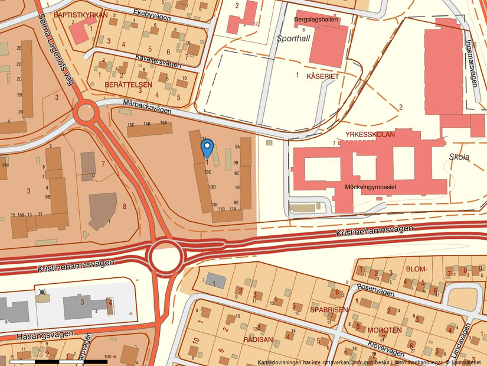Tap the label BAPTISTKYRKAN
click(80, 15)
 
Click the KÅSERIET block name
click(323, 77)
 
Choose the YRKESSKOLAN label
click(370, 134)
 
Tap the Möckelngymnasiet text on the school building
click(370, 187)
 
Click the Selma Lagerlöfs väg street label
click(57, 50)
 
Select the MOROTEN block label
click(384, 329)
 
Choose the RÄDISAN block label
click(258, 339)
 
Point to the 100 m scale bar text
click(110, 357)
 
